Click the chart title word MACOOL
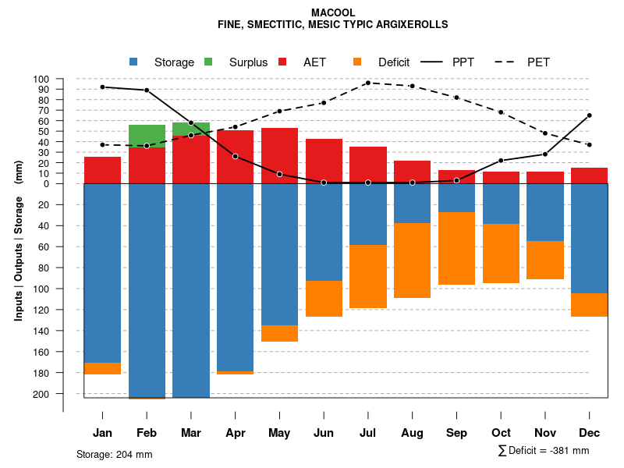332,13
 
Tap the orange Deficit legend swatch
357,62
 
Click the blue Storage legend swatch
133,62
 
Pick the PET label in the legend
538,62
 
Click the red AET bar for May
279,155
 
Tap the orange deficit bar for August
412,260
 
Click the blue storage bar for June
324,232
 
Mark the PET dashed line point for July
367,83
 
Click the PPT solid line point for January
103,87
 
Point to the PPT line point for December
589,115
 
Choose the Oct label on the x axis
501,433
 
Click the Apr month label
235,433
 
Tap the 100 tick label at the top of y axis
41,79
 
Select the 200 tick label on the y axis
41,394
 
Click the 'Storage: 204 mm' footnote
114,454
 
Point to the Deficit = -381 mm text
544,451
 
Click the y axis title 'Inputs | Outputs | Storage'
19,251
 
